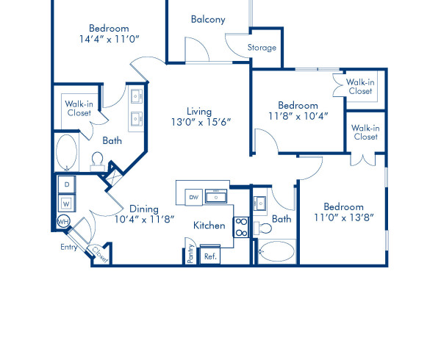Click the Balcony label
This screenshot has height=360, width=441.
(x=207, y=19)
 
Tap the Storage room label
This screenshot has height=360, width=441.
(x=262, y=48)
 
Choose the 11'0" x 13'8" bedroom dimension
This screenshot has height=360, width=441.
(x=344, y=217)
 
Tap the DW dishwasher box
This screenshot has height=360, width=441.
(x=194, y=197)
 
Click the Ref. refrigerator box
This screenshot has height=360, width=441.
(x=209, y=256)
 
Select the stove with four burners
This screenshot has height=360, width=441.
(x=242, y=226)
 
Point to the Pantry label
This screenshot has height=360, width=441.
(x=190, y=254)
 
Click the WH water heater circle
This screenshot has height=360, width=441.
(x=63, y=220)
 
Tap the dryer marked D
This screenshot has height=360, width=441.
(x=67, y=183)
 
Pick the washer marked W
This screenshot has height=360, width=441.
(x=67, y=201)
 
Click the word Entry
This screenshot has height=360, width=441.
(x=68, y=248)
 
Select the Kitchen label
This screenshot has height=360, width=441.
(x=209, y=226)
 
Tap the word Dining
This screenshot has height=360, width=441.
(x=144, y=208)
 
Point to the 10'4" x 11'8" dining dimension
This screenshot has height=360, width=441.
(x=144, y=218)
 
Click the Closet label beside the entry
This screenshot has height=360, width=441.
(x=98, y=253)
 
